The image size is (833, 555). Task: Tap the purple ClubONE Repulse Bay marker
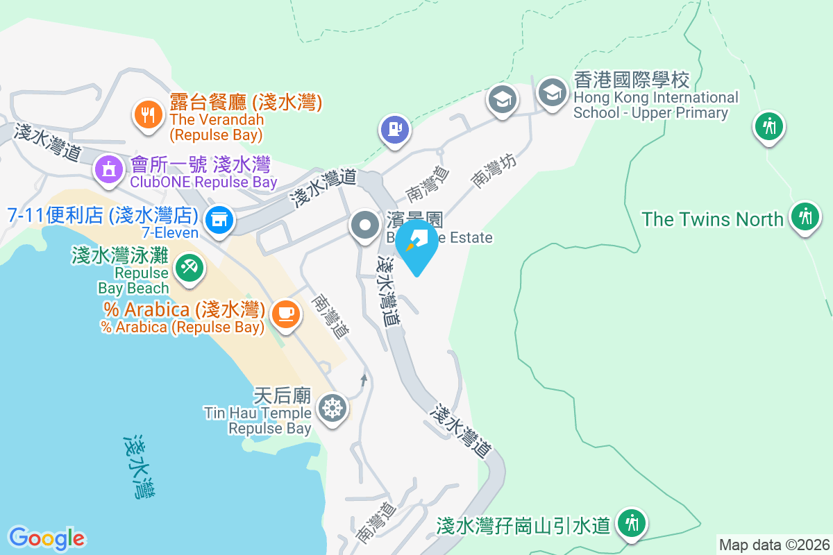(108, 168)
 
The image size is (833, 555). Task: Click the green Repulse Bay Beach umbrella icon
(187, 267)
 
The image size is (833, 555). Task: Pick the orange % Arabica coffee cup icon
(285, 314)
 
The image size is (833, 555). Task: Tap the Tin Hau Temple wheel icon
(332, 407)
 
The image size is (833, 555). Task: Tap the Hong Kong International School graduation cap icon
(553, 94)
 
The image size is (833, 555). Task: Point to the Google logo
(47, 538)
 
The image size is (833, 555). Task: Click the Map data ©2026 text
(774, 545)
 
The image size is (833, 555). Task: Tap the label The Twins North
(712, 219)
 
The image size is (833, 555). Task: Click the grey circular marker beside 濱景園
(364, 225)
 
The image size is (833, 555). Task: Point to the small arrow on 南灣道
(363, 379)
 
